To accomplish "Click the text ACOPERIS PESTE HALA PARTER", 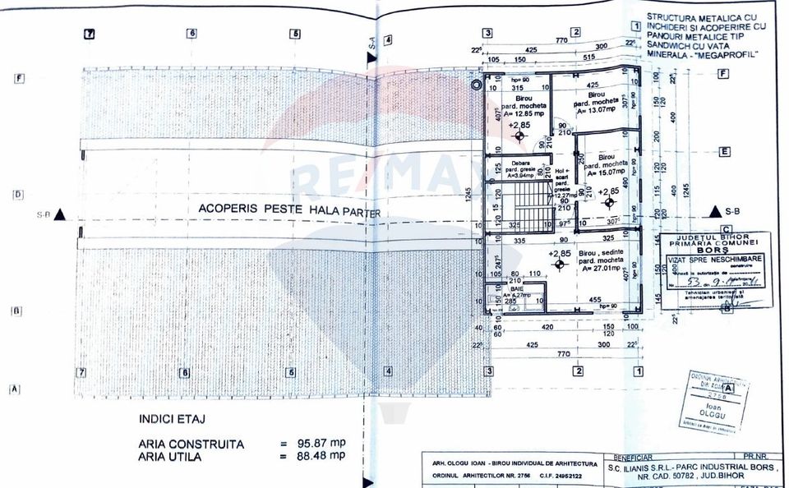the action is [x=289, y=209].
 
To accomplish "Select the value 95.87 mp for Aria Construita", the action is [x=316, y=444].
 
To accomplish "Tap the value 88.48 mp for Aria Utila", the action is [x=316, y=456].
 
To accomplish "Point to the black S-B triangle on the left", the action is [x=59, y=215].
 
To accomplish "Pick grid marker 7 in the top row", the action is [x=90, y=35].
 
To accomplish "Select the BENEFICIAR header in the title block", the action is [x=628, y=456].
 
